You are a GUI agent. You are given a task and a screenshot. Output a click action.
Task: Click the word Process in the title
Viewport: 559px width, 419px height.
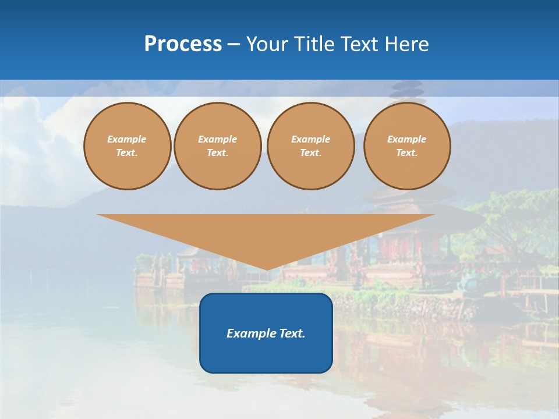pyautogui.click(x=183, y=44)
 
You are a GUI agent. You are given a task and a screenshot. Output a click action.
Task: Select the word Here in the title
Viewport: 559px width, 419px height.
pyautogui.click(x=407, y=44)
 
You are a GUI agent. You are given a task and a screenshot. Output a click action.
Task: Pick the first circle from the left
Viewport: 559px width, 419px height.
pyautogui.click(x=128, y=146)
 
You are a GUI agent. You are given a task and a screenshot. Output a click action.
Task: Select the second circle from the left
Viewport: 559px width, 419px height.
pyautogui.click(x=218, y=146)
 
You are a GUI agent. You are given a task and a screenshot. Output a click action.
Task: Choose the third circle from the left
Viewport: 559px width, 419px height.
pyautogui.click(x=311, y=146)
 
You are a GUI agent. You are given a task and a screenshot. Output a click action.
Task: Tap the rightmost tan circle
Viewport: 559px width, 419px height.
pyautogui.click(x=407, y=146)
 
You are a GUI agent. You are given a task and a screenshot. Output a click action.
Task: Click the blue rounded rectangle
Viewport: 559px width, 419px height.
pyautogui.click(x=266, y=333)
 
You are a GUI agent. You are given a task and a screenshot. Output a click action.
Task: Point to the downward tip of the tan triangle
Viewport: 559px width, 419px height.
pyautogui.click(x=267, y=269)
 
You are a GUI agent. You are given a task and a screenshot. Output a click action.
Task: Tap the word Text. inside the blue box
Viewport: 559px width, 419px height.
pyautogui.click(x=292, y=333)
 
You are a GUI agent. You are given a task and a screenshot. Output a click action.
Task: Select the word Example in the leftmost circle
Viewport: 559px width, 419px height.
pyautogui.click(x=127, y=139)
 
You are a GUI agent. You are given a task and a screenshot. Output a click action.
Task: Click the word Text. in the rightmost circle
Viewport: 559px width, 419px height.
pyautogui.click(x=407, y=153)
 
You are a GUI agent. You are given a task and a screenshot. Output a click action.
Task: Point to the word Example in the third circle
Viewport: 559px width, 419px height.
pyautogui.click(x=311, y=139)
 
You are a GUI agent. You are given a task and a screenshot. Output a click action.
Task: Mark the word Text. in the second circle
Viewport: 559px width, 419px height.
pyautogui.click(x=218, y=153)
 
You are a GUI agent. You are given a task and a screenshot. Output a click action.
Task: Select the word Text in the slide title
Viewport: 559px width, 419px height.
pyautogui.click(x=362, y=44)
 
